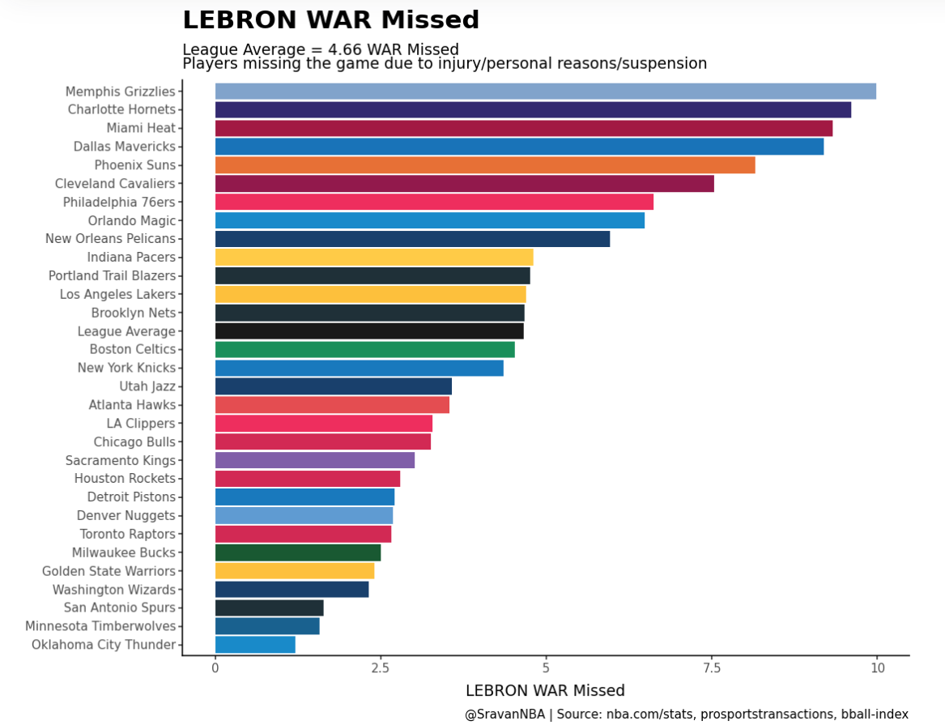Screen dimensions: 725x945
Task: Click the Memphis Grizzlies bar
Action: coord(545,92)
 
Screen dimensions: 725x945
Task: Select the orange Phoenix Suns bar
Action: coord(484,165)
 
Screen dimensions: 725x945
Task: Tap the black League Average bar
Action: coord(369,331)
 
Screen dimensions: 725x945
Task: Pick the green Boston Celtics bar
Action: coord(364,350)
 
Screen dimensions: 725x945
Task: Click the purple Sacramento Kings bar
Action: coord(314,460)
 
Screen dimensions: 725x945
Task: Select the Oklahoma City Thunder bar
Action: coord(255,645)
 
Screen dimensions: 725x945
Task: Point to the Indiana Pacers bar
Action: coord(373,258)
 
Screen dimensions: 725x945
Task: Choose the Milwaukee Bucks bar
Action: coord(297,552)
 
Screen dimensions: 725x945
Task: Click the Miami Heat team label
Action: coord(141,128)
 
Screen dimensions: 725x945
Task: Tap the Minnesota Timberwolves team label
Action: coord(100,626)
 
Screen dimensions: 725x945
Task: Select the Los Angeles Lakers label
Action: coord(117,294)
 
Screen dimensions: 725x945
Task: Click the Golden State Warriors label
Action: coord(109,571)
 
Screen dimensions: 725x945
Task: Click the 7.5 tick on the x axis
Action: coord(711,668)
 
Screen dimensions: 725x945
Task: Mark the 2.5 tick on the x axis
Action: coord(381,668)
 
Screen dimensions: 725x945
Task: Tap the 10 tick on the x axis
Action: coord(876,668)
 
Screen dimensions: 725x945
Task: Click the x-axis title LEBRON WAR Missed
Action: coord(545,691)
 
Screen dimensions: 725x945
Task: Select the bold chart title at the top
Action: coord(330,20)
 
